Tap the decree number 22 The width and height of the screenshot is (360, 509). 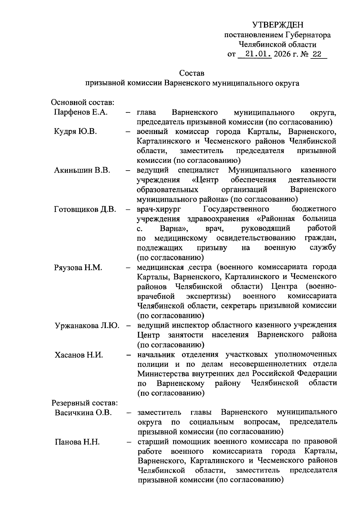[x=317, y=54]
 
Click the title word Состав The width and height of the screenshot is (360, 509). [x=192, y=73]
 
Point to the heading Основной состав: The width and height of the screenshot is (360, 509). [x=83, y=103]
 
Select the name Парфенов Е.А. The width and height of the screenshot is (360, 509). [x=81, y=112]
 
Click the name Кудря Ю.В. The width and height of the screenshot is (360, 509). [x=75, y=132]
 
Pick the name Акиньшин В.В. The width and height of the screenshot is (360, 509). [x=82, y=170]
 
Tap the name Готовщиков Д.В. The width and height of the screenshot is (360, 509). [x=85, y=209]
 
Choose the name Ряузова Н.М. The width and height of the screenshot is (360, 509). [x=78, y=267]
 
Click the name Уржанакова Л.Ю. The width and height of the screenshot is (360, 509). [x=87, y=326]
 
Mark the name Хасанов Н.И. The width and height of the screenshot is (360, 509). [x=79, y=355]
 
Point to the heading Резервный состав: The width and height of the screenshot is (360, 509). [x=85, y=403]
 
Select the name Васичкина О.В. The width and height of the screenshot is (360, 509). [x=83, y=413]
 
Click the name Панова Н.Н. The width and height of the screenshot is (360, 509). [x=77, y=442]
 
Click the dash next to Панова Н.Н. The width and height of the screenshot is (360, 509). [x=129, y=442]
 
